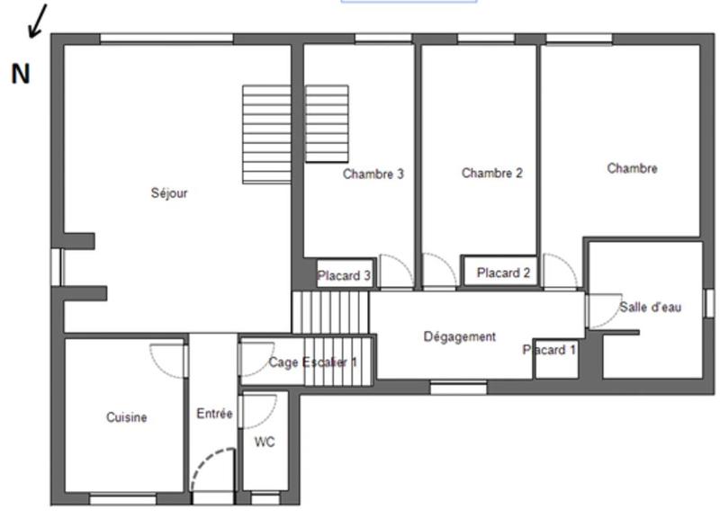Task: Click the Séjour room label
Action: tap(169, 192)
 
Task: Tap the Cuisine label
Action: tap(126, 417)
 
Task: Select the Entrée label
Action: tap(214, 414)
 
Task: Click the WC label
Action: tap(265, 442)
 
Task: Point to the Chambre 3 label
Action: tap(373, 174)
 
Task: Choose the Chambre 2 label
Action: tap(491, 173)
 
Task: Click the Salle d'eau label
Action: tap(650, 307)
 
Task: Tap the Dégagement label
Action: tap(459, 336)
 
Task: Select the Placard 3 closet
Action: tap(344, 275)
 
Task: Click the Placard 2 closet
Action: tap(503, 273)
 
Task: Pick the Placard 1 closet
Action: tap(550, 350)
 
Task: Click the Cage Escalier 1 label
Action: tap(312, 362)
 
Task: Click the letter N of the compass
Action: tap(20, 75)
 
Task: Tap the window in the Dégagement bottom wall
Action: tap(458, 388)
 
